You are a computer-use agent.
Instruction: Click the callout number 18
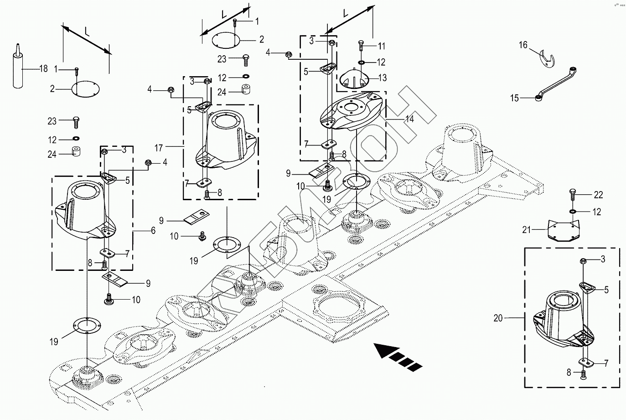[x=43, y=69]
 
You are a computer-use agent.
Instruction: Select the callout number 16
[x=523, y=45]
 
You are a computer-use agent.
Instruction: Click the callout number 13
[x=382, y=78]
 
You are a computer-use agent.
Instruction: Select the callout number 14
[x=409, y=119]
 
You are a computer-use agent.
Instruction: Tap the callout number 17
[x=159, y=148]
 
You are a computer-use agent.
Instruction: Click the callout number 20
[x=498, y=318]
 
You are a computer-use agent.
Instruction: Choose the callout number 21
[x=527, y=230]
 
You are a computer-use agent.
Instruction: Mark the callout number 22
[x=598, y=195]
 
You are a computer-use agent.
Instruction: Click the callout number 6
[x=153, y=231]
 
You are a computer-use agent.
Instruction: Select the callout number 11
[x=382, y=46]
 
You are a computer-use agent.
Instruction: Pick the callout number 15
[x=514, y=98]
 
